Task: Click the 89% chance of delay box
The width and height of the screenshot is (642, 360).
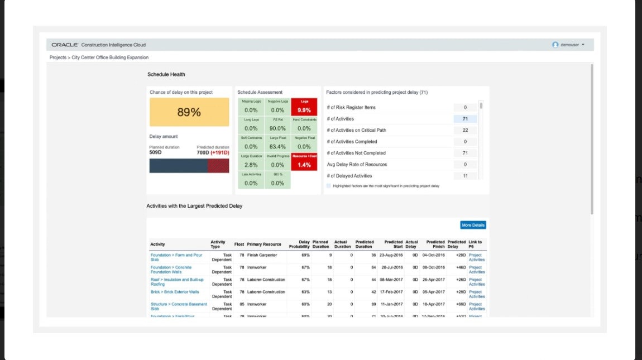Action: point(189,112)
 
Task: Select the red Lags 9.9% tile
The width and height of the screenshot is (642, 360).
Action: point(304,107)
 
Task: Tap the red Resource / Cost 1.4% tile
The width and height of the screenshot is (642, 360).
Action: point(304,162)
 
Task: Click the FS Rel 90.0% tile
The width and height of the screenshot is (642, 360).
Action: point(277,125)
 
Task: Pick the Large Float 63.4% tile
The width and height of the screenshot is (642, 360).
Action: point(277,143)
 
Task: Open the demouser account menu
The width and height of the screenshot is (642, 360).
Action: point(568,45)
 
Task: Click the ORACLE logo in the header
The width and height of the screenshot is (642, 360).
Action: point(64,45)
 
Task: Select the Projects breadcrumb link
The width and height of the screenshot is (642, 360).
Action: point(58,57)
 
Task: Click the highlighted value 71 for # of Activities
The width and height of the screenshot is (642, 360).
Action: point(465,119)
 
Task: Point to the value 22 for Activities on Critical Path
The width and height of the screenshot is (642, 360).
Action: point(465,130)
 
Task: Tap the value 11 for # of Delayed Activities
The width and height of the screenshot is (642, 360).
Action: point(465,176)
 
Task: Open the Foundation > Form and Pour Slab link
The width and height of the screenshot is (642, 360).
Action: point(176,257)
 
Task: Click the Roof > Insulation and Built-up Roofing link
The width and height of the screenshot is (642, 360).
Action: point(177,282)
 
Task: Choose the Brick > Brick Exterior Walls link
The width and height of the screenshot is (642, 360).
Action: point(175,292)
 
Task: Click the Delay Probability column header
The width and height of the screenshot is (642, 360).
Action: point(299,244)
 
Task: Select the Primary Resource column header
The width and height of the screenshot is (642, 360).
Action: point(264,244)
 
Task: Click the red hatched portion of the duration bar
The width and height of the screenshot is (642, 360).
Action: point(218,166)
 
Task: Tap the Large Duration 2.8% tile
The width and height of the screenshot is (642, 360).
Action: point(251,162)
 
